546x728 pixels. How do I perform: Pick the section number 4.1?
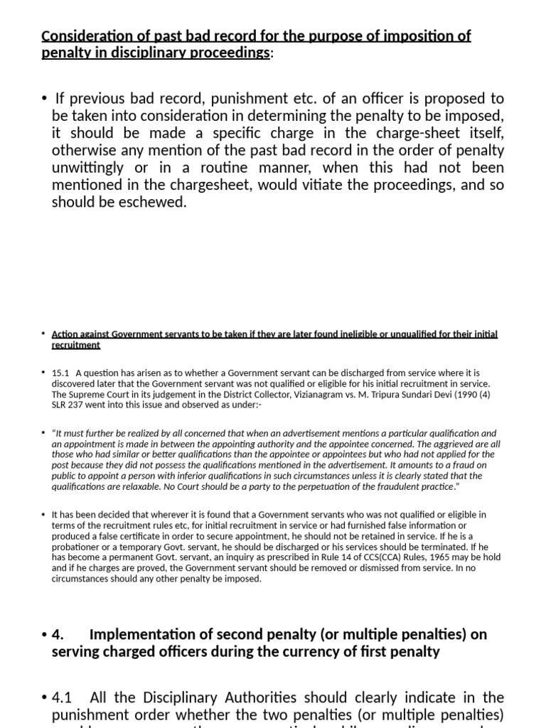click(63, 697)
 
